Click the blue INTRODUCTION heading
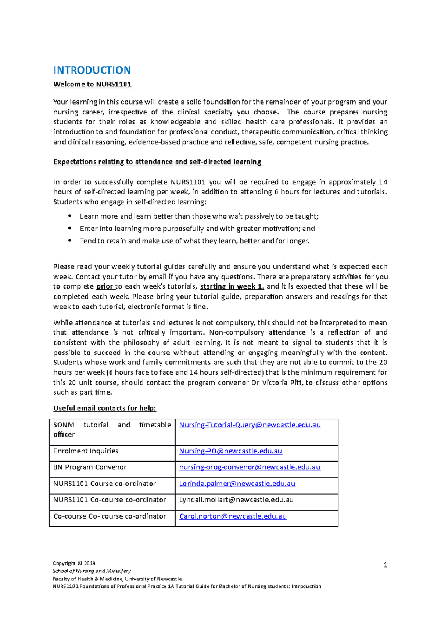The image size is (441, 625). coord(92,70)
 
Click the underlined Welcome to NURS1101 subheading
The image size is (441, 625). coord(92,84)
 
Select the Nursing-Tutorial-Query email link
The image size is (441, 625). coord(250,425)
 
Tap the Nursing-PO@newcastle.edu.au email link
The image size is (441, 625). coord(230,451)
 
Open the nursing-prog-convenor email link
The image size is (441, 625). coord(250,467)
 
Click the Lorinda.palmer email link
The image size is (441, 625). coord(237,484)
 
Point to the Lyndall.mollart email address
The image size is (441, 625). coord(236,500)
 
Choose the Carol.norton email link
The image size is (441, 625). coord(233,516)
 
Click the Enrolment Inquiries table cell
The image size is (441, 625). coord(86,451)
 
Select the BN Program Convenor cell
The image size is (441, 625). coord(90,467)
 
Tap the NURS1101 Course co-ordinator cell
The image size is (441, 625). coord(104,484)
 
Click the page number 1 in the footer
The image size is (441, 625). coord(385,565)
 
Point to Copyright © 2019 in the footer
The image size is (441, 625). coord(74,563)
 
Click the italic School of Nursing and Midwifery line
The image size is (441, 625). coord(92,571)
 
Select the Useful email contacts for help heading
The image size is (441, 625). coord(105,408)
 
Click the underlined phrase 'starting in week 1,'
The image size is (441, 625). coord(232,286)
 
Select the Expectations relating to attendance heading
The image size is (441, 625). coord(157,162)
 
